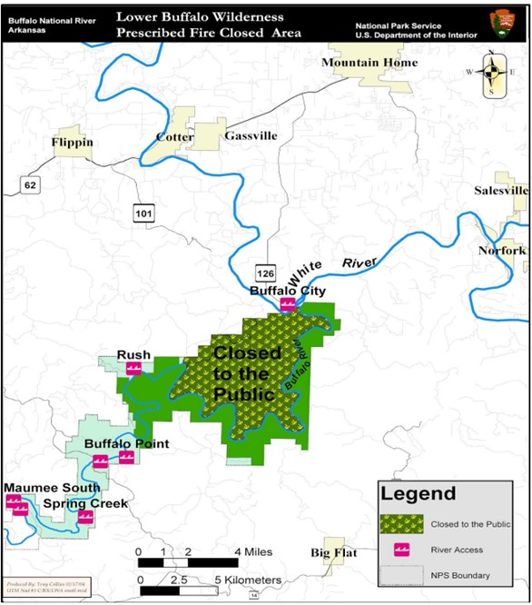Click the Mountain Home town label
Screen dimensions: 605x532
click(x=369, y=63)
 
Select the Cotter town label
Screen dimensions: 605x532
click(x=174, y=137)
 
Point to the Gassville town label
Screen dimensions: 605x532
click(x=251, y=135)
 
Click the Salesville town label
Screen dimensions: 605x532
click(x=501, y=191)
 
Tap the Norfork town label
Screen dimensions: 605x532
click(x=502, y=250)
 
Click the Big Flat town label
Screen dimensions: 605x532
click(x=333, y=552)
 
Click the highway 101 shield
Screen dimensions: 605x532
click(x=145, y=213)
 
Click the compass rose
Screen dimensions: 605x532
click(x=491, y=72)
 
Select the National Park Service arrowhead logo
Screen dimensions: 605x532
click(x=501, y=23)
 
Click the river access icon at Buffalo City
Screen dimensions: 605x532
click(x=288, y=304)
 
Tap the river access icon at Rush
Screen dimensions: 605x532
click(x=133, y=369)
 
